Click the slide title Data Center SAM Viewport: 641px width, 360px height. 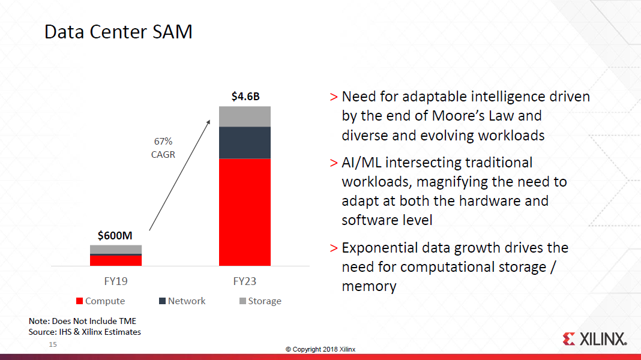[118, 31]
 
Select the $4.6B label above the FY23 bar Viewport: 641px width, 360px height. [245, 97]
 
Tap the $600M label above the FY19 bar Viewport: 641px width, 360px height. [115, 235]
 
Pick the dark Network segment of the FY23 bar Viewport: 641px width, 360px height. [245, 143]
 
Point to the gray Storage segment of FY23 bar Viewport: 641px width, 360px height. [245, 116]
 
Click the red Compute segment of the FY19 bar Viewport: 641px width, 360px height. [116, 260]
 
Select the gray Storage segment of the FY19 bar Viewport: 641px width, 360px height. [116, 249]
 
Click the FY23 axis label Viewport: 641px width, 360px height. [245, 281]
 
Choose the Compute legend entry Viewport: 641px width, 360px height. [100, 301]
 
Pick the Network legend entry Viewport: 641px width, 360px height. [182, 301]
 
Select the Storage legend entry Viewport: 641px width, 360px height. [260, 301]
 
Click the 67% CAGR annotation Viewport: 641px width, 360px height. [163, 148]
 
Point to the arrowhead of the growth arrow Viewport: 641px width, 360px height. [209, 121]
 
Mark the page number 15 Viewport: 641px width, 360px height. [52, 345]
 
